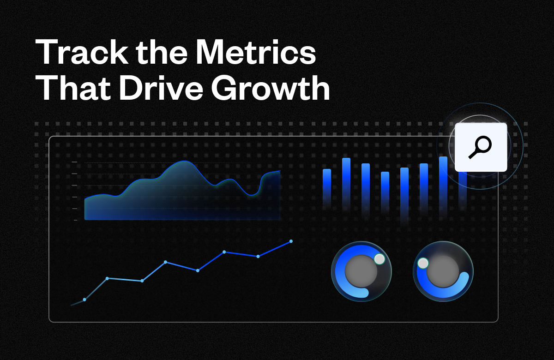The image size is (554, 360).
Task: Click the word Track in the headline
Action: click(x=82, y=52)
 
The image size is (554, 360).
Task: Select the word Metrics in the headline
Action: click(x=255, y=52)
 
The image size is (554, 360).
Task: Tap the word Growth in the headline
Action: click(x=271, y=87)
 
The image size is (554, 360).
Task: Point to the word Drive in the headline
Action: click(x=161, y=87)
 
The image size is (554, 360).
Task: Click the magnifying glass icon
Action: click(x=480, y=147)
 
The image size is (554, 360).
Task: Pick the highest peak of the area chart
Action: click(x=184, y=161)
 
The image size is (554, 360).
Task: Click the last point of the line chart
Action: click(x=291, y=241)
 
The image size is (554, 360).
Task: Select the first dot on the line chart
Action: click(x=84, y=300)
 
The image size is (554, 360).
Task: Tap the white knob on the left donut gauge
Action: click(x=379, y=259)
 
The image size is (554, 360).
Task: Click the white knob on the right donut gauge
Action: click(x=423, y=263)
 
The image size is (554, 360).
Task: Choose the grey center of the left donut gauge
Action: click(x=361, y=271)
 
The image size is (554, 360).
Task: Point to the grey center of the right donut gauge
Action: click(x=443, y=271)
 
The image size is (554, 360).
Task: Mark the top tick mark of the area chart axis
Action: click(x=74, y=162)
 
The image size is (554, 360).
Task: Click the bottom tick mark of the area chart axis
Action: click(x=75, y=220)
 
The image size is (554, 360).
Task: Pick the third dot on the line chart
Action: click(x=142, y=281)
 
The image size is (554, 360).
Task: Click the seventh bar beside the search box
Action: click(x=443, y=186)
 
